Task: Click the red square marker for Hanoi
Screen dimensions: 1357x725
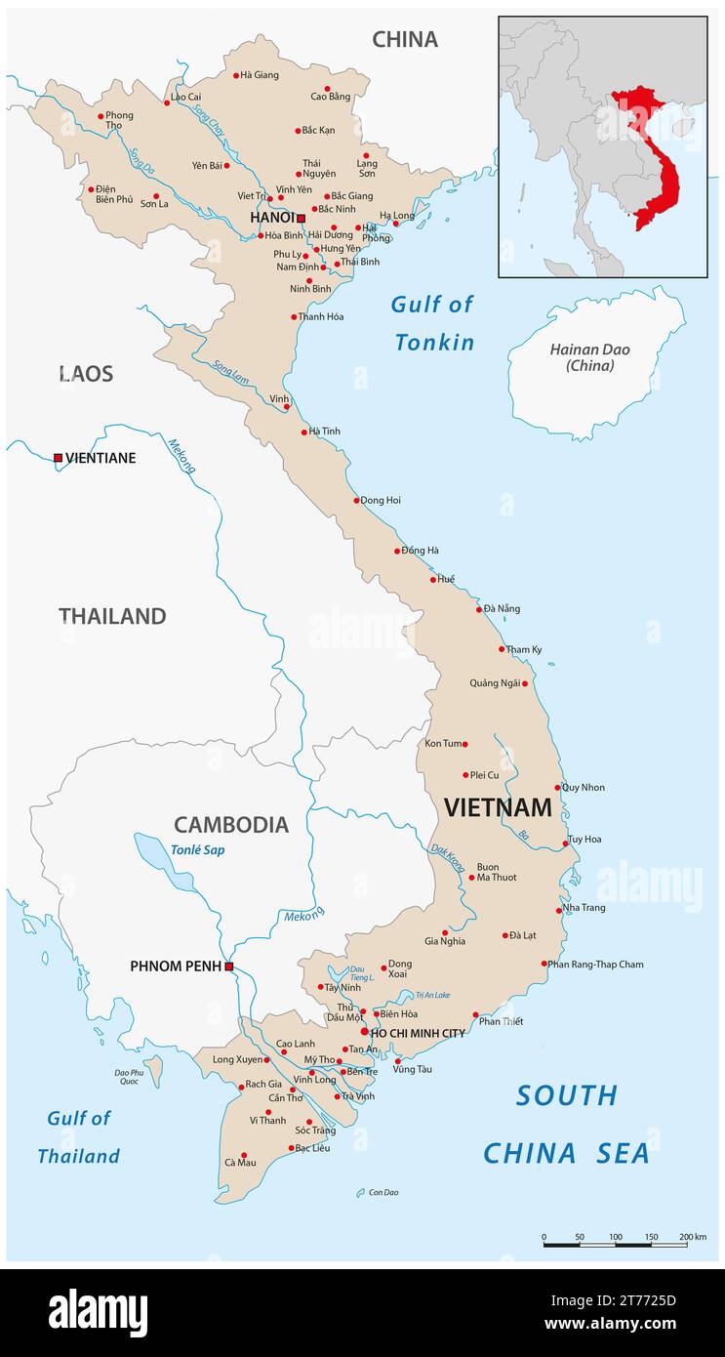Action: click(301, 218)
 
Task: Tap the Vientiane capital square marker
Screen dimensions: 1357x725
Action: click(58, 457)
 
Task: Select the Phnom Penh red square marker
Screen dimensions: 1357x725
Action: click(228, 966)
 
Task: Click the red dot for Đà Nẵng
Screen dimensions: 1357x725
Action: click(479, 609)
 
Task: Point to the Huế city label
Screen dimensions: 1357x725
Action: click(446, 579)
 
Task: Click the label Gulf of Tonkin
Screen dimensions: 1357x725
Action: click(433, 323)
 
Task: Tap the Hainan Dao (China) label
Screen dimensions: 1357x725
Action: click(589, 357)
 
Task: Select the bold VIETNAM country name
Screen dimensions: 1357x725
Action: click(498, 807)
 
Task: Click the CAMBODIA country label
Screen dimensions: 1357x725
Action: click(231, 825)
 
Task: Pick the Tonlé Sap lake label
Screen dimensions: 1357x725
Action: click(197, 849)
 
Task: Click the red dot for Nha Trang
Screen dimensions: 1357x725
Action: click(559, 908)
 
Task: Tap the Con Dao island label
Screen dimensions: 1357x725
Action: click(383, 1192)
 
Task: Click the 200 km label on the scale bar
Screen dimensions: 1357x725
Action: click(693, 1237)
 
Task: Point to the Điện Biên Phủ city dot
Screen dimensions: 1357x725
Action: click(91, 189)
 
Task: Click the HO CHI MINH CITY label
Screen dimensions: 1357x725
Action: click(417, 1033)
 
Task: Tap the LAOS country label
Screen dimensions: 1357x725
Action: click(86, 374)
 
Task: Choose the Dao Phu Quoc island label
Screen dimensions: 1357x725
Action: click(129, 1077)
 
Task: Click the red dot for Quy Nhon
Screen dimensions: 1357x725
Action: click(558, 788)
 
